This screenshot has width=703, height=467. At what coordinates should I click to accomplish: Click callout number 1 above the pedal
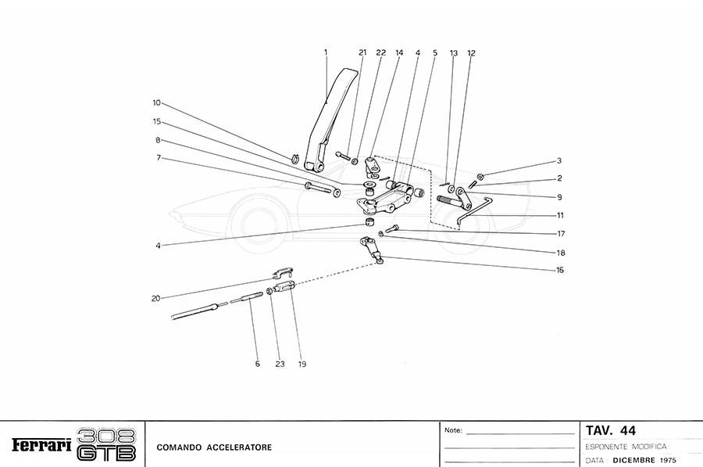pyautogui.click(x=326, y=52)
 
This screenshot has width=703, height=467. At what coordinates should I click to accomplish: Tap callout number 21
pyautogui.click(x=362, y=52)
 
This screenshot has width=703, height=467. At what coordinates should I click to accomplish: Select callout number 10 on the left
pyautogui.click(x=156, y=102)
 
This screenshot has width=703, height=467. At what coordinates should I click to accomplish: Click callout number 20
pyautogui.click(x=156, y=298)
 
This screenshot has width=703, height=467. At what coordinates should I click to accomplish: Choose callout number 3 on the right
pyautogui.click(x=558, y=160)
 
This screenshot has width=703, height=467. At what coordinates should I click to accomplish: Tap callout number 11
pyautogui.click(x=559, y=214)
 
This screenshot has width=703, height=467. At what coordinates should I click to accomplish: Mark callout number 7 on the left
pyautogui.click(x=158, y=157)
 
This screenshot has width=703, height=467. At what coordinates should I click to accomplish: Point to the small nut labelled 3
pyautogui.click(x=480, y=176)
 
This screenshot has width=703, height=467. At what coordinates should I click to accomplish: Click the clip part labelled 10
pyautogui.click(x=297, y=160)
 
